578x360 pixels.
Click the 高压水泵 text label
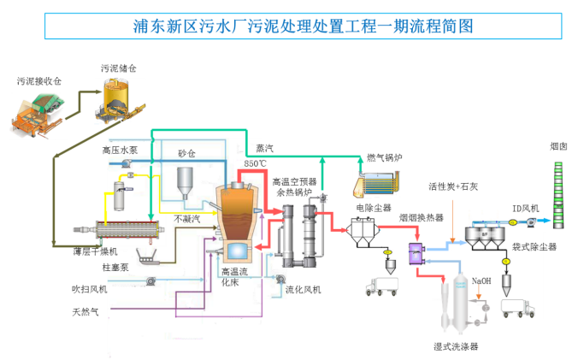[x=117, y=150]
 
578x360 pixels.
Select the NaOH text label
[x=481, y=280]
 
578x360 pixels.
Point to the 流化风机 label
[x=303, y=290]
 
